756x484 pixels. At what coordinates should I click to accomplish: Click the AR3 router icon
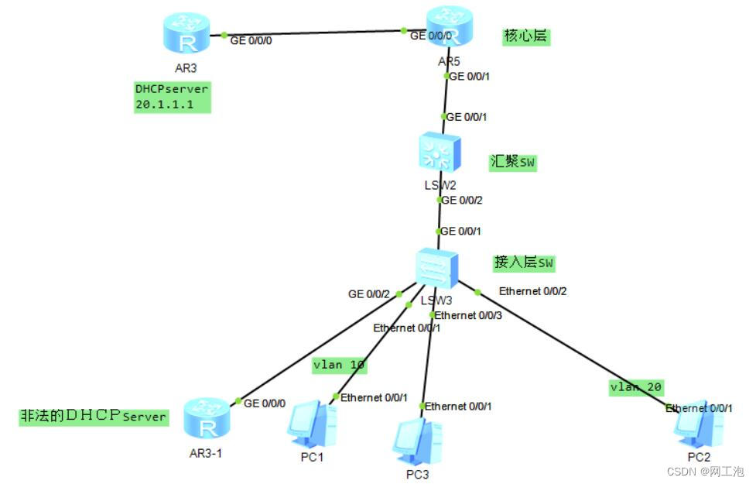pyautogui.click(x=186, y=33)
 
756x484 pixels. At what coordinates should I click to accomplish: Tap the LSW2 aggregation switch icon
pyautogui.click(x=439, y=152)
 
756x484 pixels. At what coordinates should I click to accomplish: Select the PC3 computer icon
pyautogui.click(x=416, y=440)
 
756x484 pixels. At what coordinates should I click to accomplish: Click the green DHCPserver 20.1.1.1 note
pyautogui.click(x=172, y=97)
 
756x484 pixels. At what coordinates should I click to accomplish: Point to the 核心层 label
pyautogui.click(x=526, y=36)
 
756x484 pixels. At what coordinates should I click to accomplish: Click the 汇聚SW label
pyautogui.click(x=512, y=163)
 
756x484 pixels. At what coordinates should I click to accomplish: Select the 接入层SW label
pyautogui.click(x=524, y=263)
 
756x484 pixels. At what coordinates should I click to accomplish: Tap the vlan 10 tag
pyautogui.click(x=339, y=364)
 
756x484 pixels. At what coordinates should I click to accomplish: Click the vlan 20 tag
pyautogui.click(x=635, y=387)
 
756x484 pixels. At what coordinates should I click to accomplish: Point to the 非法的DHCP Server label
pyautogui.click(x=93, y=416)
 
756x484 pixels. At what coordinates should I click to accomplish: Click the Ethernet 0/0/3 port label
pyautogui.click(x=468, y=315)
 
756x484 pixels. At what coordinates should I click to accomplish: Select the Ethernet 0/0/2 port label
pyautogui.click(x=533, y=291)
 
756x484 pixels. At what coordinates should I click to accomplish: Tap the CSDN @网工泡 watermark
pyautogui.click(x=704, y=471)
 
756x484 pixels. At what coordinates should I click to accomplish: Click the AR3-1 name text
pyautogui.click(x=205, y=453)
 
